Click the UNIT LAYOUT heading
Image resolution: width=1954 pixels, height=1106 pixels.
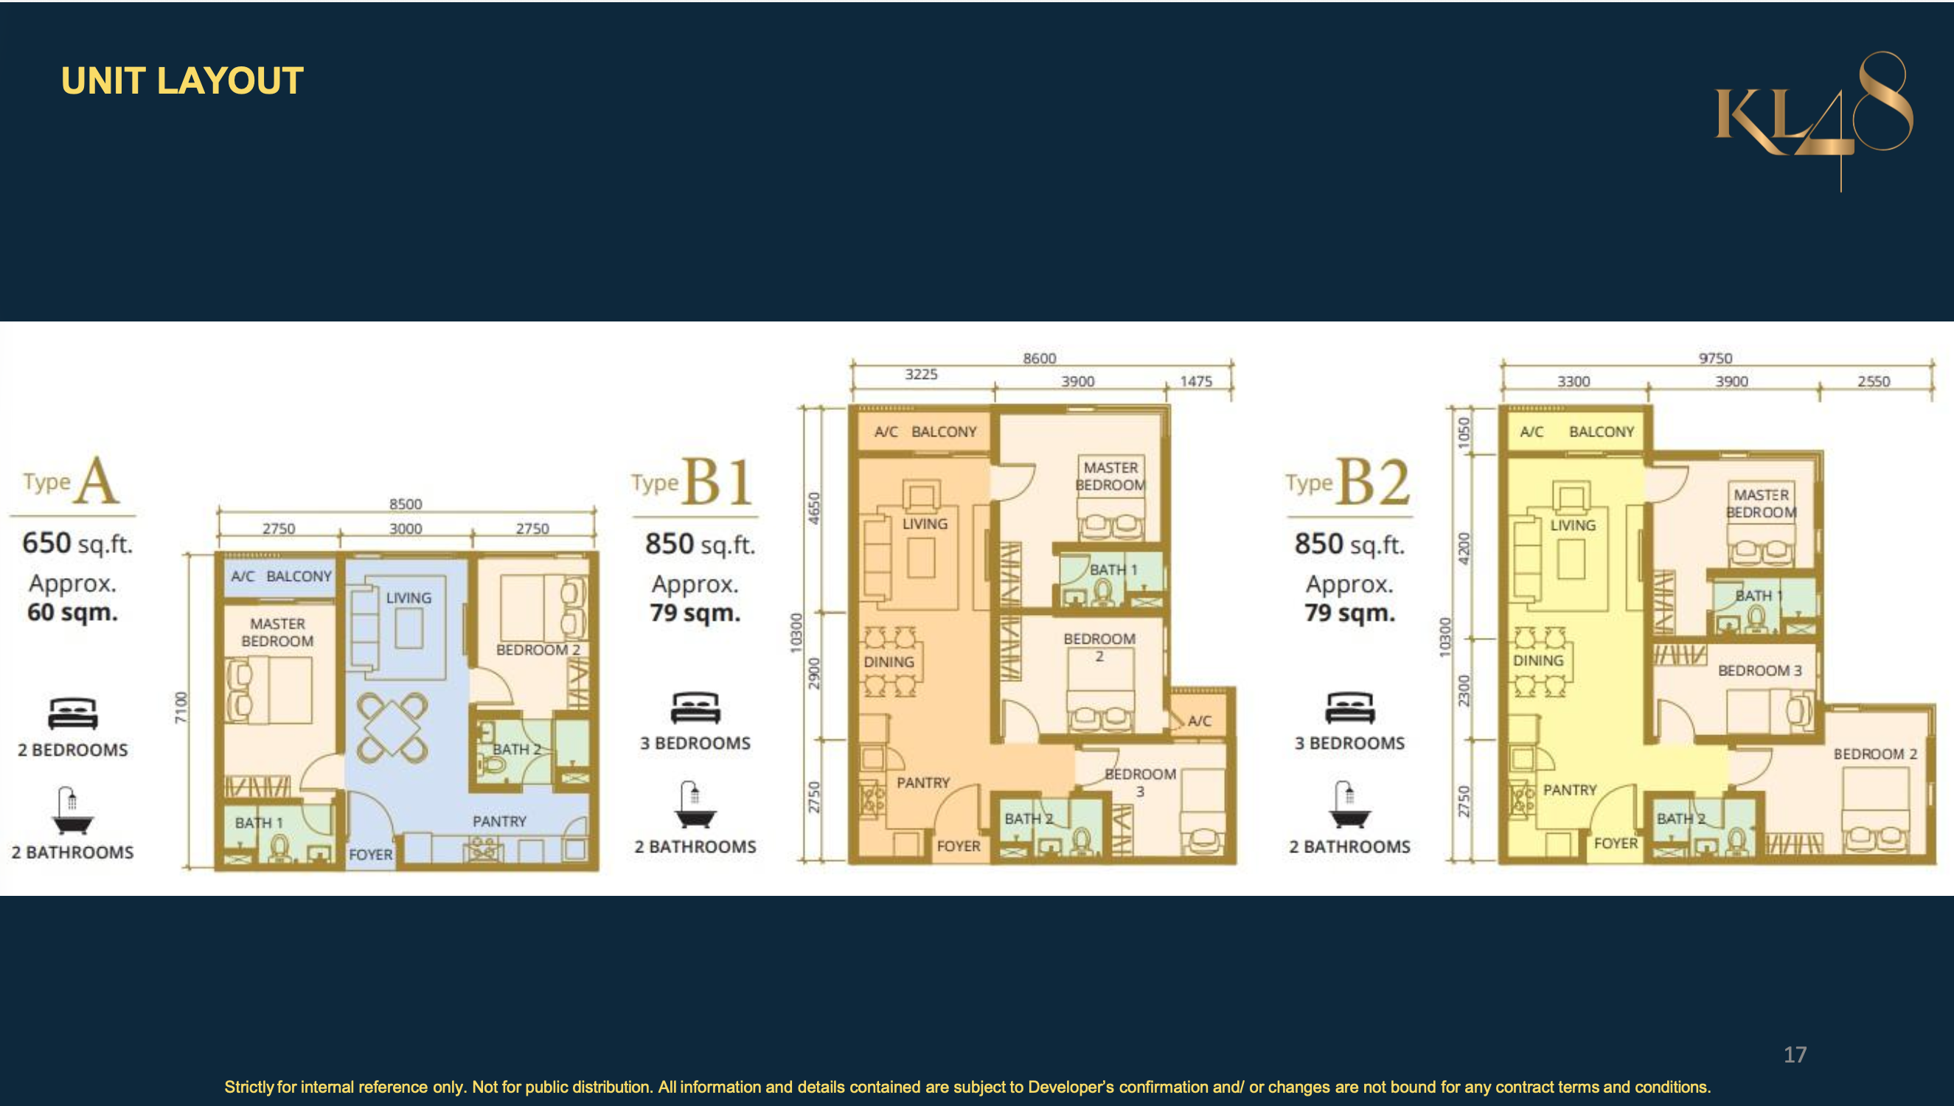coord(182,80)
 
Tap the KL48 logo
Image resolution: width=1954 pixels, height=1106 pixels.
coord(1813,120)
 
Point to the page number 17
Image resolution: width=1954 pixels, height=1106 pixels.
coord(1795,1054)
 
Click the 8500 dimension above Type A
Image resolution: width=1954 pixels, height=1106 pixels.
coord(406,504)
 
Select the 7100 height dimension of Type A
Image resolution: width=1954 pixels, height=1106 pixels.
coord(180,707)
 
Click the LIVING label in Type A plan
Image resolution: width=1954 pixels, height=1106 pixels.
coord(408,598)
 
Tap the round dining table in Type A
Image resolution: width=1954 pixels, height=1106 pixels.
coord(392,727)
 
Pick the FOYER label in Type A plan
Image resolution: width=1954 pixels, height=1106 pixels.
coord(371,855)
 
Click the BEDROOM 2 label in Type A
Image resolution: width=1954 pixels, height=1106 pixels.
coord(538,650)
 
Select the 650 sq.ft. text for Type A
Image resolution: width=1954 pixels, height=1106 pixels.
coord(77,543)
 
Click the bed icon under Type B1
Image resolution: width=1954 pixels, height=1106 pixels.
coord(695,707)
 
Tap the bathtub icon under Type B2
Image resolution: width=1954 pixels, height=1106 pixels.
coord(1349,804)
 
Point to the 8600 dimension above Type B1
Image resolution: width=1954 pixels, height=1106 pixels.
coord(1039,358)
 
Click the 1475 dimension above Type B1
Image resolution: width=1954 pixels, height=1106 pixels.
coord(1195,381)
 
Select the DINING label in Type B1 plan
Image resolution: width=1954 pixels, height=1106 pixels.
coord(889,661)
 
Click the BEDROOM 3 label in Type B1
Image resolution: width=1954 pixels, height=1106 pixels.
coord(1140,782)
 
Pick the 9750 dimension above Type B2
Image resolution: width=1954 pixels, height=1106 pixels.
coord(1715,358)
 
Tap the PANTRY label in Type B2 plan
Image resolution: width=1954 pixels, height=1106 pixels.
coord(1570,790)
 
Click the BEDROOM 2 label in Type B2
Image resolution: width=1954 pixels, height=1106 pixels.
coord(1875,754)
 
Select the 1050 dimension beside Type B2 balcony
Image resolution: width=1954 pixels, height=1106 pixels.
coord(1464,434)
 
